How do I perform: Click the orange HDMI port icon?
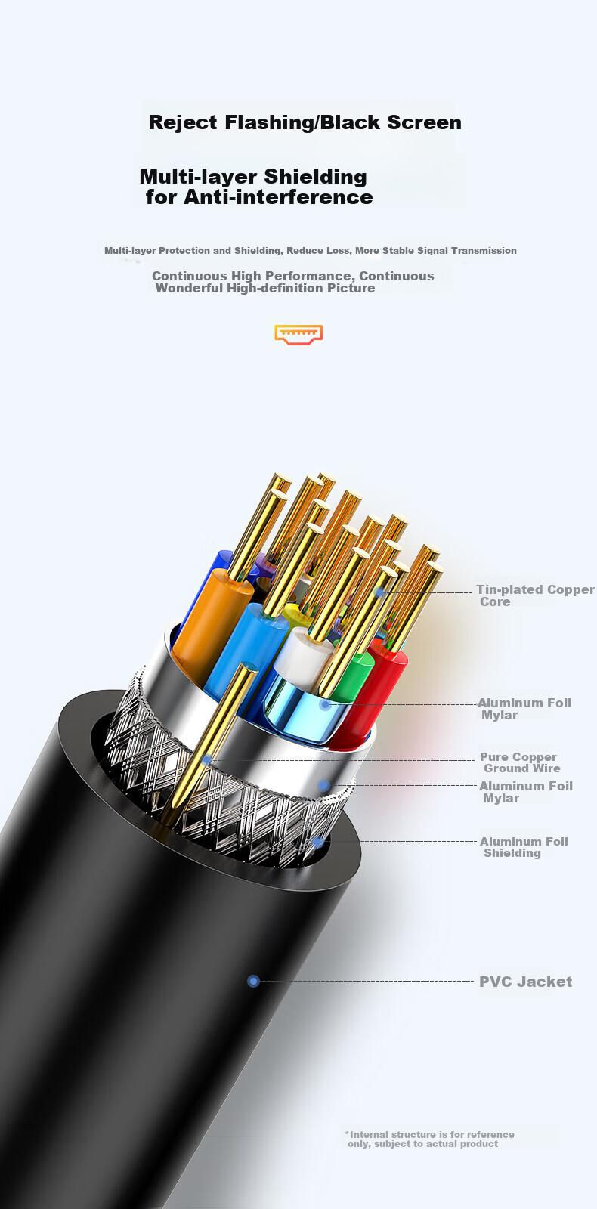[x=298, y=335]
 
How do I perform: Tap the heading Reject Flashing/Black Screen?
[x=305, y=122]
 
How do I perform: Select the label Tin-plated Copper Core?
[x=535, y=595]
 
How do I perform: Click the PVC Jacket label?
[x=526, y=982]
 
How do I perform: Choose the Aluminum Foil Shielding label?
[x=524, y=847]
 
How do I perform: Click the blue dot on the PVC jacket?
[x=253, y=981]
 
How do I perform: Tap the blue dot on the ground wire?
[x=206, y=760]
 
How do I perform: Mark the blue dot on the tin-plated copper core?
[x=379, y=592]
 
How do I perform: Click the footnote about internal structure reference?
[x=430, y=1139]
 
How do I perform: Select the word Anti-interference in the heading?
[x=279, y=197]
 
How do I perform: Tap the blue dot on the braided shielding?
[x=318, y=842]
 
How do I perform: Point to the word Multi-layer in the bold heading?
[x=198, y=177]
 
